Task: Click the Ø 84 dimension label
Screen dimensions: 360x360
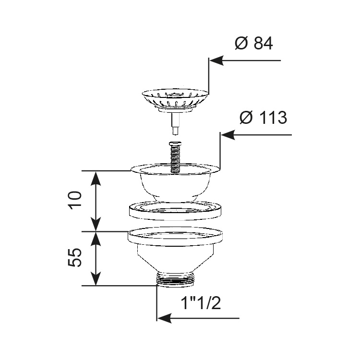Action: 254,43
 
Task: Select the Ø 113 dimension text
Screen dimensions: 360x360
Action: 264,118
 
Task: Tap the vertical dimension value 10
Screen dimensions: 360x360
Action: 75,199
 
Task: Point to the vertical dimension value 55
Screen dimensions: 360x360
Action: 75,257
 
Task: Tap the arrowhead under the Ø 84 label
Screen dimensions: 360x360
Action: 216,60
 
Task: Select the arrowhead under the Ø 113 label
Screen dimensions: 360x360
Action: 228,135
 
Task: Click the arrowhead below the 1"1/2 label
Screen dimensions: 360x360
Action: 165,318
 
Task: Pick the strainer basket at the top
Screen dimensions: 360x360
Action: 175,99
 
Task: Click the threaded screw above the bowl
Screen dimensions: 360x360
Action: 175,157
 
